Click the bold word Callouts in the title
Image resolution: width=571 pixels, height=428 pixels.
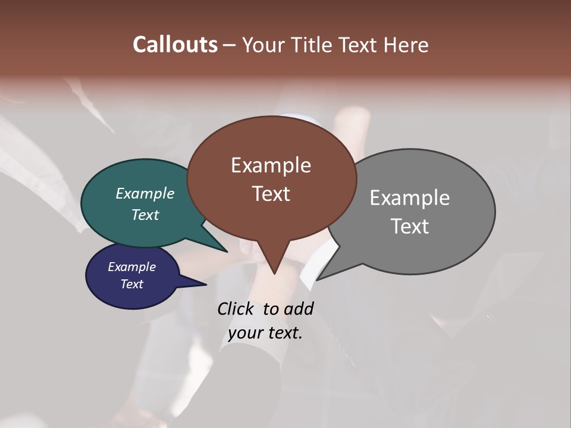point(175,45)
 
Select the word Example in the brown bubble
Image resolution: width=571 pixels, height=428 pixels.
point(271,165)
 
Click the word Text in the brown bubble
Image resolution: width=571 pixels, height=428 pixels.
point(271,194)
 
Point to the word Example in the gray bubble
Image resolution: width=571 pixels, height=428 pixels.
point(409,198)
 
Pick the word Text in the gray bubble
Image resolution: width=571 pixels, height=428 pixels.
point(409,226)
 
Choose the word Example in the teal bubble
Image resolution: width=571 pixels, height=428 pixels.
point(145,193)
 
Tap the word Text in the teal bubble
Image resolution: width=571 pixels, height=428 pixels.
point(145,215)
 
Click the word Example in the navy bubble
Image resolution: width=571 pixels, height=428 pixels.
point(131,267)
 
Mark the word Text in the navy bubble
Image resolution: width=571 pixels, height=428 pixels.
point(131,284)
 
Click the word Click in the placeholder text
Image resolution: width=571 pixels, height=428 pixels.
point(236,309)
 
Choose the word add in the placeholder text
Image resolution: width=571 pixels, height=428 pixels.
point(298,309)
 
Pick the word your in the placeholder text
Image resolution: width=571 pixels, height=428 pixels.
point(244,333)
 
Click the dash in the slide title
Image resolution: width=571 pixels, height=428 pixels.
point(230,45)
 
